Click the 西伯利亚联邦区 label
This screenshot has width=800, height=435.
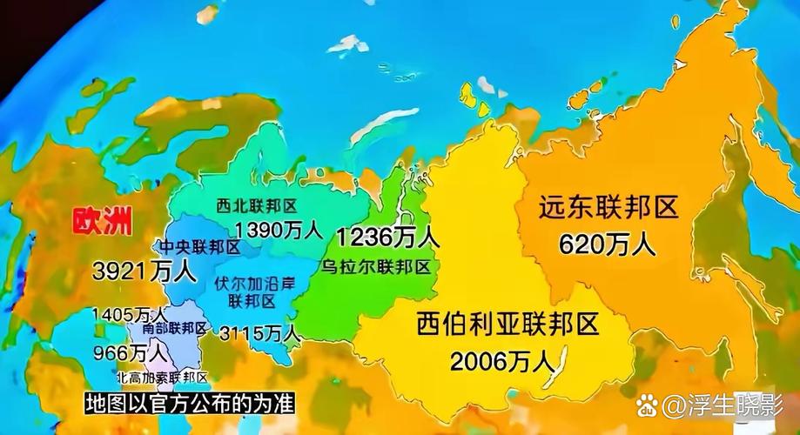[x=508, y=325]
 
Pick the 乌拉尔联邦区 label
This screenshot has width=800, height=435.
[x=376, y=265]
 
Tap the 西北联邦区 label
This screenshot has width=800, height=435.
[x=257, y=206]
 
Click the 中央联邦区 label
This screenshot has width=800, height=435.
[x=198, y=248]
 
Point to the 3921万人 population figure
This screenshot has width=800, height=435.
[x=144, y=271]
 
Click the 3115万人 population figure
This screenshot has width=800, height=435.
[x=259, y=332]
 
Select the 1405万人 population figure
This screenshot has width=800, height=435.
[x=129, y=313]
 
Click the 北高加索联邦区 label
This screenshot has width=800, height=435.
[x=162, y=378]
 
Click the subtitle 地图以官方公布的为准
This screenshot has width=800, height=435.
[x=186, y=404]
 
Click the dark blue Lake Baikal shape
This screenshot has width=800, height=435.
[x=560, y=364]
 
